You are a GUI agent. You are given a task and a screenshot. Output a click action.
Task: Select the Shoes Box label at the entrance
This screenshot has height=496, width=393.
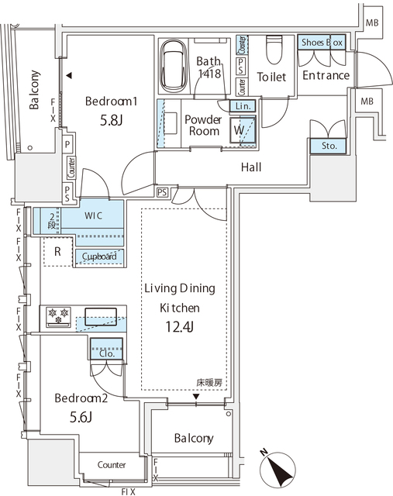click(x=321, y=43)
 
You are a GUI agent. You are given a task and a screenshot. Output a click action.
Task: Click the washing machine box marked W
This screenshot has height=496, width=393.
click(x=241, y=130)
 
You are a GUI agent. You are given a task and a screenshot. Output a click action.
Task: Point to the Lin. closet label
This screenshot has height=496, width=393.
click(x=240, y=106)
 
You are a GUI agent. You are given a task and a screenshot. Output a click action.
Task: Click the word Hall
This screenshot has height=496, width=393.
click(x=250, y=167)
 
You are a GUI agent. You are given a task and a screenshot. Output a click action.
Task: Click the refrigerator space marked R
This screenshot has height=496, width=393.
click(x=57, y=251)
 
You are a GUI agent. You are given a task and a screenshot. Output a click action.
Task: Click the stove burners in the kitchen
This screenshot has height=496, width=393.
click(x=59, y=315)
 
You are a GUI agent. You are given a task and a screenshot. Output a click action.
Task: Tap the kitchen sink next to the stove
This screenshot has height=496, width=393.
click(x=101, y=315)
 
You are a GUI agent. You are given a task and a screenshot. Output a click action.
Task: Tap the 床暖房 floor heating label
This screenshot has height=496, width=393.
click(x=209, y=383)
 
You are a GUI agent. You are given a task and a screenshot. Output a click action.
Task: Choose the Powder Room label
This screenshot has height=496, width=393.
click(x=205, y=125)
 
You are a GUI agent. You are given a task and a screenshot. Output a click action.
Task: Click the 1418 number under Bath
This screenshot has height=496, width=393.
click(x=210, y=74)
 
